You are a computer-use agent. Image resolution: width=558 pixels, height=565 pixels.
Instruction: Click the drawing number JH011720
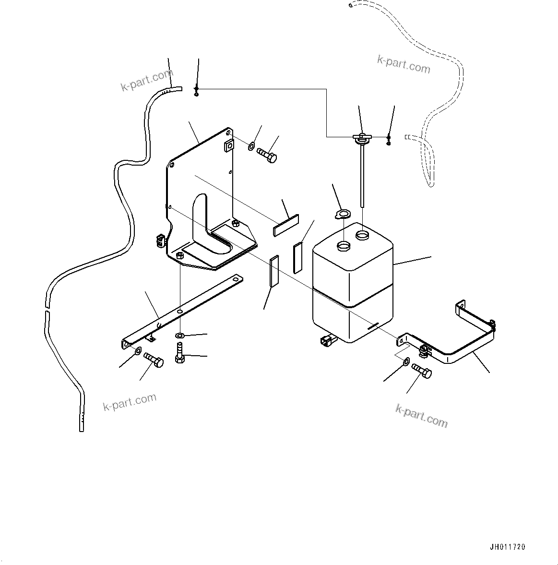(508, 547)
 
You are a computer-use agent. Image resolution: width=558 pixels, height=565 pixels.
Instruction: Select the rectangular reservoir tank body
(353, 288)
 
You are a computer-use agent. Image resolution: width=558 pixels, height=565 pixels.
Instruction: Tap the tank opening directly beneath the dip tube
(362, 236)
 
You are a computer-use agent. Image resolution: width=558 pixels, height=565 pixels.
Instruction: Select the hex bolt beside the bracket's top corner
(267, 156)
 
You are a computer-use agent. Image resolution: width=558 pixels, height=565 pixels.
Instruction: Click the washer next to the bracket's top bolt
(252, 145)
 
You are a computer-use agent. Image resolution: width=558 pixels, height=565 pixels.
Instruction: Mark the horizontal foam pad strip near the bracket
(286, 226)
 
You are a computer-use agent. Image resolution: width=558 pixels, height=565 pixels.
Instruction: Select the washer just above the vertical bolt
(179, 335)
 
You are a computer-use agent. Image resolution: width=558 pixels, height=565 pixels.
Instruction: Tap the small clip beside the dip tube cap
(389, 140)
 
